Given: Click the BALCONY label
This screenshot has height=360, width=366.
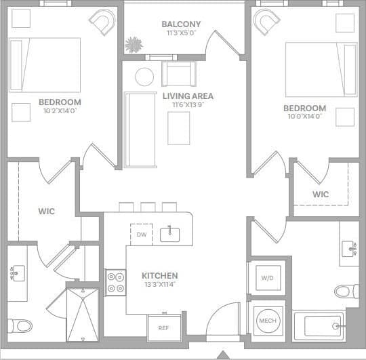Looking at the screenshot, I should pyautogui.click(x=181, y=24).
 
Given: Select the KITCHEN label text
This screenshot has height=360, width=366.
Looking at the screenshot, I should pyautogui.click(x=160, y=276).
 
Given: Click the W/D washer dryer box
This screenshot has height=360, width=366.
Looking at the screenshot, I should pyautogui.click(x=266, y=277).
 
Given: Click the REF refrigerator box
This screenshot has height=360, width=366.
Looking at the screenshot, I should pyautogui.click(x=163, y=327).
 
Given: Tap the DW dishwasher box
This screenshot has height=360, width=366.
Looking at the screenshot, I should pyautogui.click(x=141, y=235).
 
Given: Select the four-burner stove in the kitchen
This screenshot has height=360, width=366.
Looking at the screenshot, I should pyautogui.click(x=115, y=281).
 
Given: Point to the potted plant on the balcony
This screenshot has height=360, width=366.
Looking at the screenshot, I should pyautogui.click(x=132, y=45).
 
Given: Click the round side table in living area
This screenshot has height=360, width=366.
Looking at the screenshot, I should pyautogui.click(x=144, y=76).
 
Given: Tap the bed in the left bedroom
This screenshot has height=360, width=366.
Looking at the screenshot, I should pyautogui.click(x=45, y=64).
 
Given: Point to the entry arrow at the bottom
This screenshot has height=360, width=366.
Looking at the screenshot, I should pyautogui.click(x=223, y=354).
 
